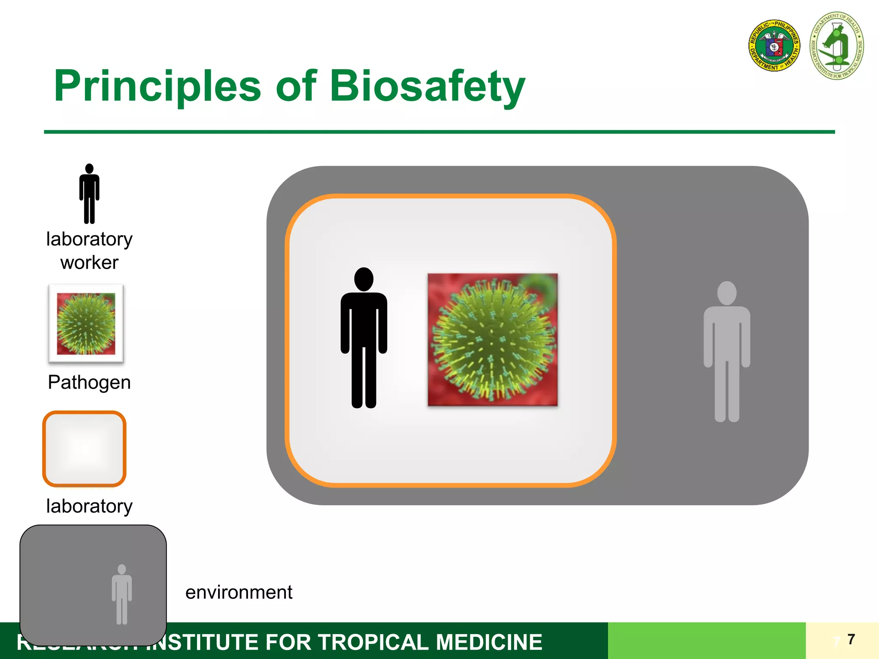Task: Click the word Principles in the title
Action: tap(157, 87)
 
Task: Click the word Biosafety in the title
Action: tap(427, 87)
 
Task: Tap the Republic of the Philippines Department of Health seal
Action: tap(774, 46)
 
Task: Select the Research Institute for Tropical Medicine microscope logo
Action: tap(837, 46)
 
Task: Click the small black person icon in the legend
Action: tap(89, 194)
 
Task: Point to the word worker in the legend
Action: tap(89, 263)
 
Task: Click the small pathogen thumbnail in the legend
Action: tap(86, 323)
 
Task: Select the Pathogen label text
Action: tap(89, 382)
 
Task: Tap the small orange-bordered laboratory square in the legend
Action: tap(85, 449)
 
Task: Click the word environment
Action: tap(239, 592)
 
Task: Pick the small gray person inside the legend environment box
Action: tap(122, 595)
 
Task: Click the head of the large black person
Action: tap(364, 279)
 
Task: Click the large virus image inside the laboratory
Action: tap(493, 339)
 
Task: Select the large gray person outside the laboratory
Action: tap(727, 352)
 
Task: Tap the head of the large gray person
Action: tap(727, 293)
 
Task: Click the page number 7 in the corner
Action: tap(852, 639)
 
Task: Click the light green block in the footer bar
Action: tap(706, 641)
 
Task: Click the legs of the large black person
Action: tap(364, 378)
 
